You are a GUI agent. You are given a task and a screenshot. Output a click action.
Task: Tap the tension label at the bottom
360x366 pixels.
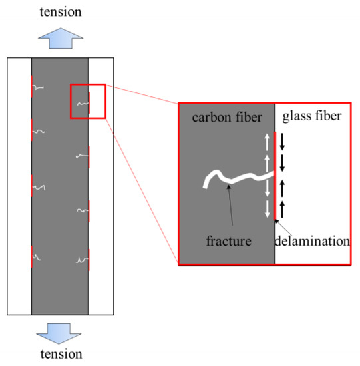[x=60, y=355]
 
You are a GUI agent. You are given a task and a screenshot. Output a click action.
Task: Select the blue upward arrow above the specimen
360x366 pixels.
[x=60, y=38]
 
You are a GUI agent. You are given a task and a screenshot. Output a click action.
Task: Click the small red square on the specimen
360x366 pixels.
[x=88, y=102]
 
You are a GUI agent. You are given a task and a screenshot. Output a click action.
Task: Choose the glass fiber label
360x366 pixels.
[x=311, y=117]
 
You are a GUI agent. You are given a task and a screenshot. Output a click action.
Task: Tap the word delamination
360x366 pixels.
[x=312, y=241]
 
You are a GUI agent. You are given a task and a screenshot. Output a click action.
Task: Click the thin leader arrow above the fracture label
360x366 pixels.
[x=231, y=209]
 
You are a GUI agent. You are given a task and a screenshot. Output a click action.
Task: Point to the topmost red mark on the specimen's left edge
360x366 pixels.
[x=31, y=86]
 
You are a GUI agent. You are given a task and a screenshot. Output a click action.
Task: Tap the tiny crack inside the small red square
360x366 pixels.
[x=83, y=103]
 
